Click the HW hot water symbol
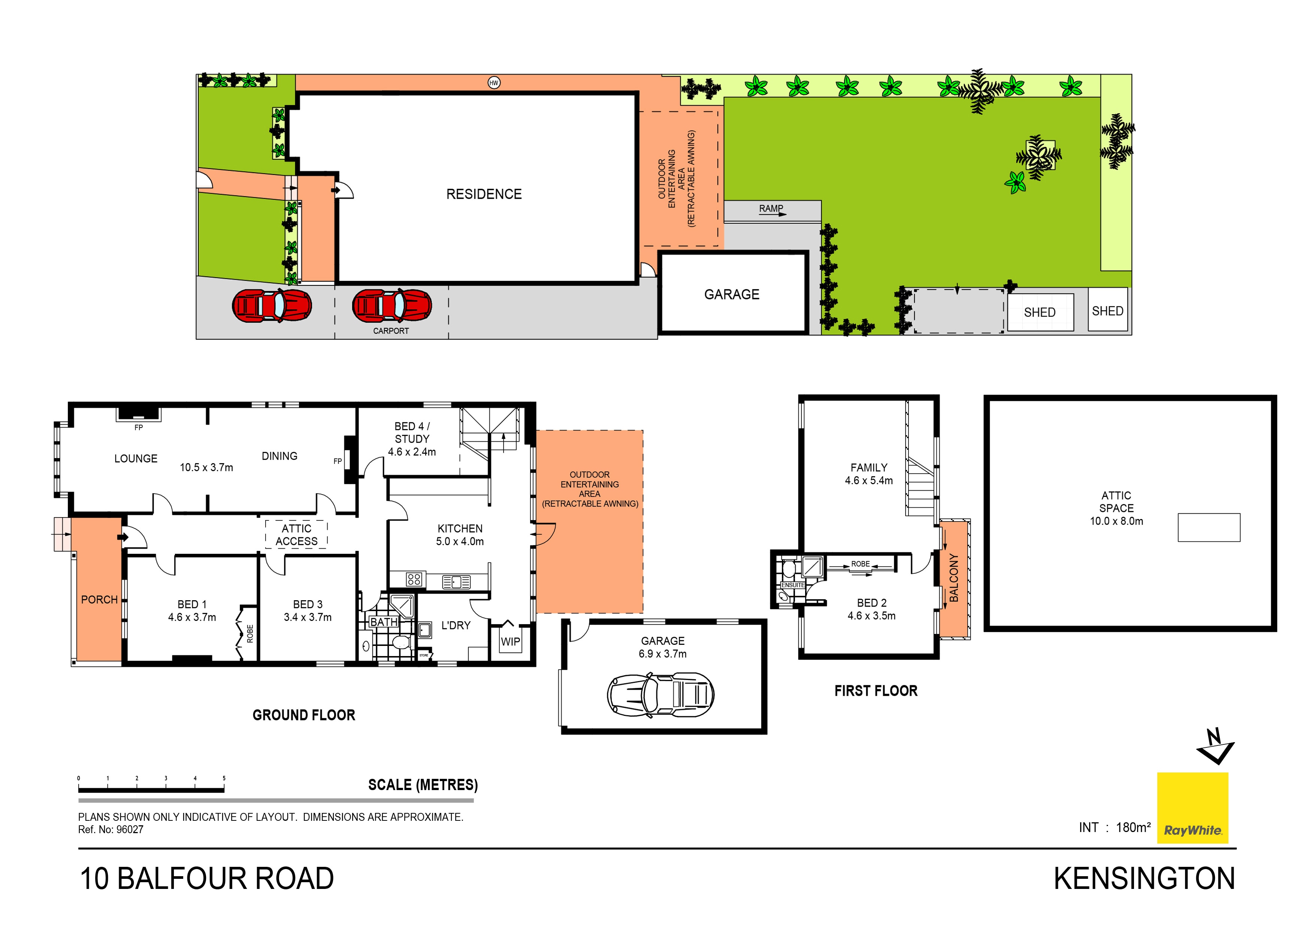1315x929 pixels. coord(494,83)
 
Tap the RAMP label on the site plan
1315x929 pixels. coord(771,208)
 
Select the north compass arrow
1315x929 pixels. coord(1215,746)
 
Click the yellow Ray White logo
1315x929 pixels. coord(1192,808)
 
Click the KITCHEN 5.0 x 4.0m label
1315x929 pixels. coord(460,535)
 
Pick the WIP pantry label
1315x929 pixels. coord(510,642)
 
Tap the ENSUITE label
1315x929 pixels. coord(793,585)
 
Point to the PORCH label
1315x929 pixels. coord(99,599)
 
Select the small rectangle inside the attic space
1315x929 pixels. coord(1209,527)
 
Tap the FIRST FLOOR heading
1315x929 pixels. coord(875,691)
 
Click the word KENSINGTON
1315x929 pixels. coord(1144,878)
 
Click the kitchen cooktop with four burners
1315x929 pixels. coord(414,579)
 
